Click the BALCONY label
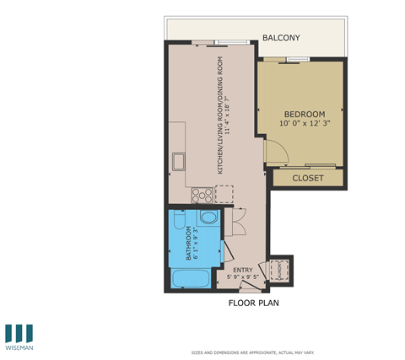(x=280, y=38)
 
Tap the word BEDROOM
(x=304, y=114)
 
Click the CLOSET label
(x=308, y=178)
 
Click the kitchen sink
(x=179, y=161)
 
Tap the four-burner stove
(x=202, y=195)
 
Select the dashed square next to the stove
(x=224, y=195)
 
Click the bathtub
(x=186, y=278)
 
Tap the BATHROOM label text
(x=188, y=244)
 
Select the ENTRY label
(x=243, y=270)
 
